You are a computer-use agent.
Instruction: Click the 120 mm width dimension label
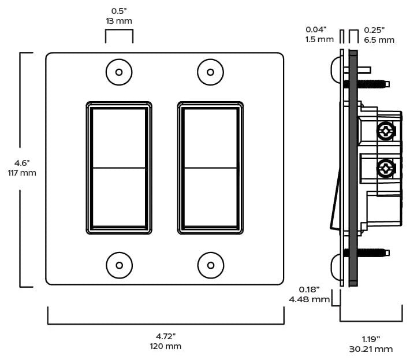166,346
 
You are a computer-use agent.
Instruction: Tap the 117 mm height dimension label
22,173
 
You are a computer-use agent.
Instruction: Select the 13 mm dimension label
119,21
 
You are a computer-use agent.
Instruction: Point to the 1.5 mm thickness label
319,39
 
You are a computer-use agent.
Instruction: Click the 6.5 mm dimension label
379,40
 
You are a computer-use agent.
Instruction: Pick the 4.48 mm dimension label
310,299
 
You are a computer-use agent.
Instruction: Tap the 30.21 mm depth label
371,349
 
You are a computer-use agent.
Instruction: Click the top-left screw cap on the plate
119,72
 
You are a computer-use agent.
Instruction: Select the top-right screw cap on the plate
211,72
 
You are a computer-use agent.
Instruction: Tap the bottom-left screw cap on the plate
119,265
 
